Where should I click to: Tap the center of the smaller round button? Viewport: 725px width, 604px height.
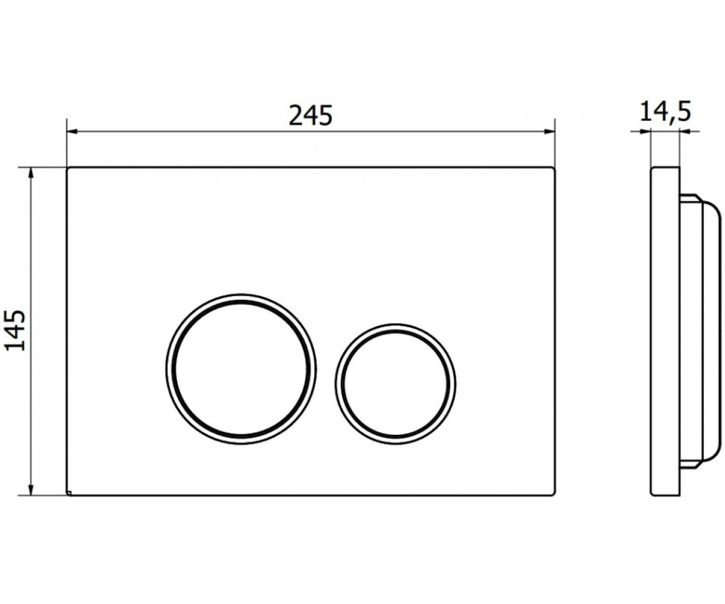tap(396, 384)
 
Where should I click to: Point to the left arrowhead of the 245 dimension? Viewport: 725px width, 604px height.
tap(72, 132)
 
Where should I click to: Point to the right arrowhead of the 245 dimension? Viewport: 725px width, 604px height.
tap(549, 131)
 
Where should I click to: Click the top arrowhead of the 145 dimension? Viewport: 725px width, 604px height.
tap(31, 173)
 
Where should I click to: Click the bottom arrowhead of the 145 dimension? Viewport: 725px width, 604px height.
tap(31, 489)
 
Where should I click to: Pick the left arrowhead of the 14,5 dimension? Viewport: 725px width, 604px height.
tap(645, 131)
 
